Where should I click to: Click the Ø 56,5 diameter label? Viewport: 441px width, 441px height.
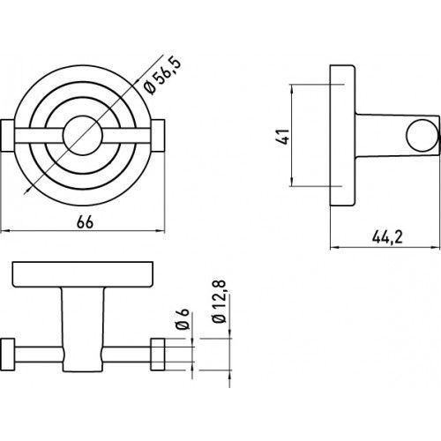[x=162, y=76]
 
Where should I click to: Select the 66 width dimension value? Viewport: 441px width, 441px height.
[x=85, y=221]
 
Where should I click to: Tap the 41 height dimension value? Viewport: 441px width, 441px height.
[x=283, y=136]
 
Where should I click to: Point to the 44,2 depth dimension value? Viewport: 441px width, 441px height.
[x=387, y=236]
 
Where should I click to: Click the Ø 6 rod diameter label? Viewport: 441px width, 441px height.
[x=182, y=319]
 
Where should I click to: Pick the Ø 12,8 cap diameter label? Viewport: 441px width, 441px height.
[x=220, y=302]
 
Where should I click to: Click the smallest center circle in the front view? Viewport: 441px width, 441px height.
[x=83, y=136]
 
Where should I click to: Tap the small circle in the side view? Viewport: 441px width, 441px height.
[x=422, y=136]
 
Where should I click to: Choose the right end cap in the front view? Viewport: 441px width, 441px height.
[x=158, y=136]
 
